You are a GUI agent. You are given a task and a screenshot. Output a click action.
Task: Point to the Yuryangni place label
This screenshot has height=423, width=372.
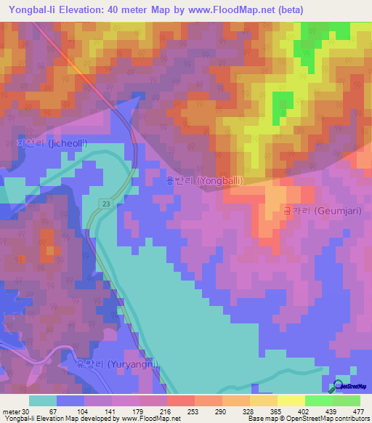(x=116, y=364)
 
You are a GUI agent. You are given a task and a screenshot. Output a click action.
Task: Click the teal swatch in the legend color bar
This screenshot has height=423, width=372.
(x=43, y=401)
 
